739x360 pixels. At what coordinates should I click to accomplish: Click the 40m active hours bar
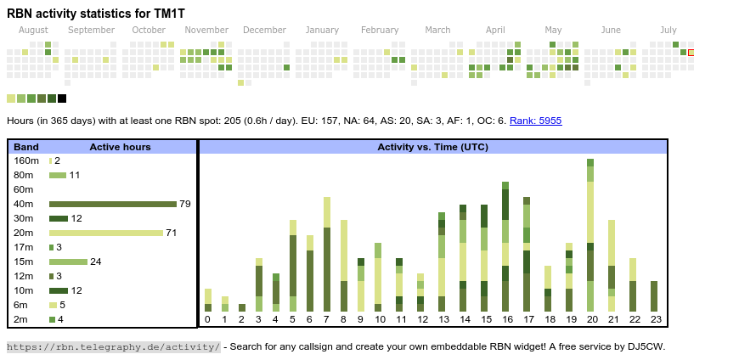coord(113,204)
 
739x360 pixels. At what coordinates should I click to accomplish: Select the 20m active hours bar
coord(106,233)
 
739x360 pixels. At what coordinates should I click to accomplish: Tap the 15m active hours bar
coord(68,262)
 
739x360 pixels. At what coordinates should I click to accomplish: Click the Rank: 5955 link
coord(535,121)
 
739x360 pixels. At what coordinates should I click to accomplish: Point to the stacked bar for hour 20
coord(590,235)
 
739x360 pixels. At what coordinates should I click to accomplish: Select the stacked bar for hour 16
coord(505,246)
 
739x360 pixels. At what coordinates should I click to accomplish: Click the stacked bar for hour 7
coord(327,255)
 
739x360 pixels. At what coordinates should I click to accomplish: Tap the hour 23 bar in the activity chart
coord(654,296)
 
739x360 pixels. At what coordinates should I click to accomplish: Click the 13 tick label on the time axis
coord(443,320)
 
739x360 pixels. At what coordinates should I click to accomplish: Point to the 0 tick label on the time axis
coord(207,320)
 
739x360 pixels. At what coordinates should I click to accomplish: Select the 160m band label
coord(26,160)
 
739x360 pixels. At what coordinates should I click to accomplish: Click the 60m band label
coord(24,189)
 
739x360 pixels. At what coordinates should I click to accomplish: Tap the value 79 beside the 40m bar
coord(184,204)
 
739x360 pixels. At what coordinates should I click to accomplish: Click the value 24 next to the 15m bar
coord(95,262)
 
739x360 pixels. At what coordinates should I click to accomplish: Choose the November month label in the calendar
coord(206,30)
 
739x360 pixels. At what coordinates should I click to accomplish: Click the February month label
coord(380,30)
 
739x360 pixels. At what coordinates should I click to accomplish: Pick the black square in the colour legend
coord(62,98)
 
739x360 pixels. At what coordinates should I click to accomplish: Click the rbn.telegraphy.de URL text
coord(113,346)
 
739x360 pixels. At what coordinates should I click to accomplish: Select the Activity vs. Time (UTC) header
coord(432,147)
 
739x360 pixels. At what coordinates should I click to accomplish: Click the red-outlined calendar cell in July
coord(691,53)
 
